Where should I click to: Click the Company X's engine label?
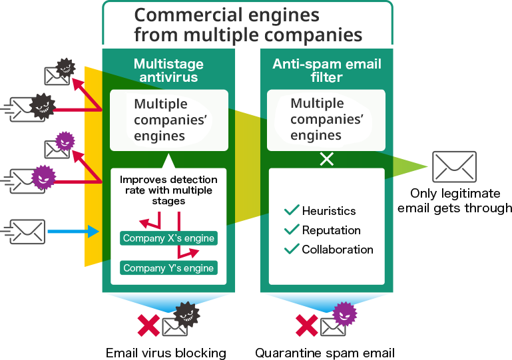169,238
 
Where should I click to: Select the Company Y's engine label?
169,268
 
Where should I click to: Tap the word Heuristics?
329,211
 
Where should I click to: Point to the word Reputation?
331,230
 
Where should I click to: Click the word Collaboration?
338,250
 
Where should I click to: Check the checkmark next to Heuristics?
291,210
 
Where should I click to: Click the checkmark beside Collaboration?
291,249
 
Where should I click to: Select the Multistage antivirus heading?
168,70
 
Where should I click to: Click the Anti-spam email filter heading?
326,70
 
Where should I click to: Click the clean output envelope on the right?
454,166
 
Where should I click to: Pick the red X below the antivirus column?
148,325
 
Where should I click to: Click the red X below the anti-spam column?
306,325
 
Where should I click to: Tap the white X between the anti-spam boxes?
326,160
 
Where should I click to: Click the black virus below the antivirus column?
186,314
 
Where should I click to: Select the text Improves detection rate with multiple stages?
168,190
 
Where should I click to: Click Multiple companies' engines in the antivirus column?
161,120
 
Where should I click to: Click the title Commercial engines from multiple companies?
248,25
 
